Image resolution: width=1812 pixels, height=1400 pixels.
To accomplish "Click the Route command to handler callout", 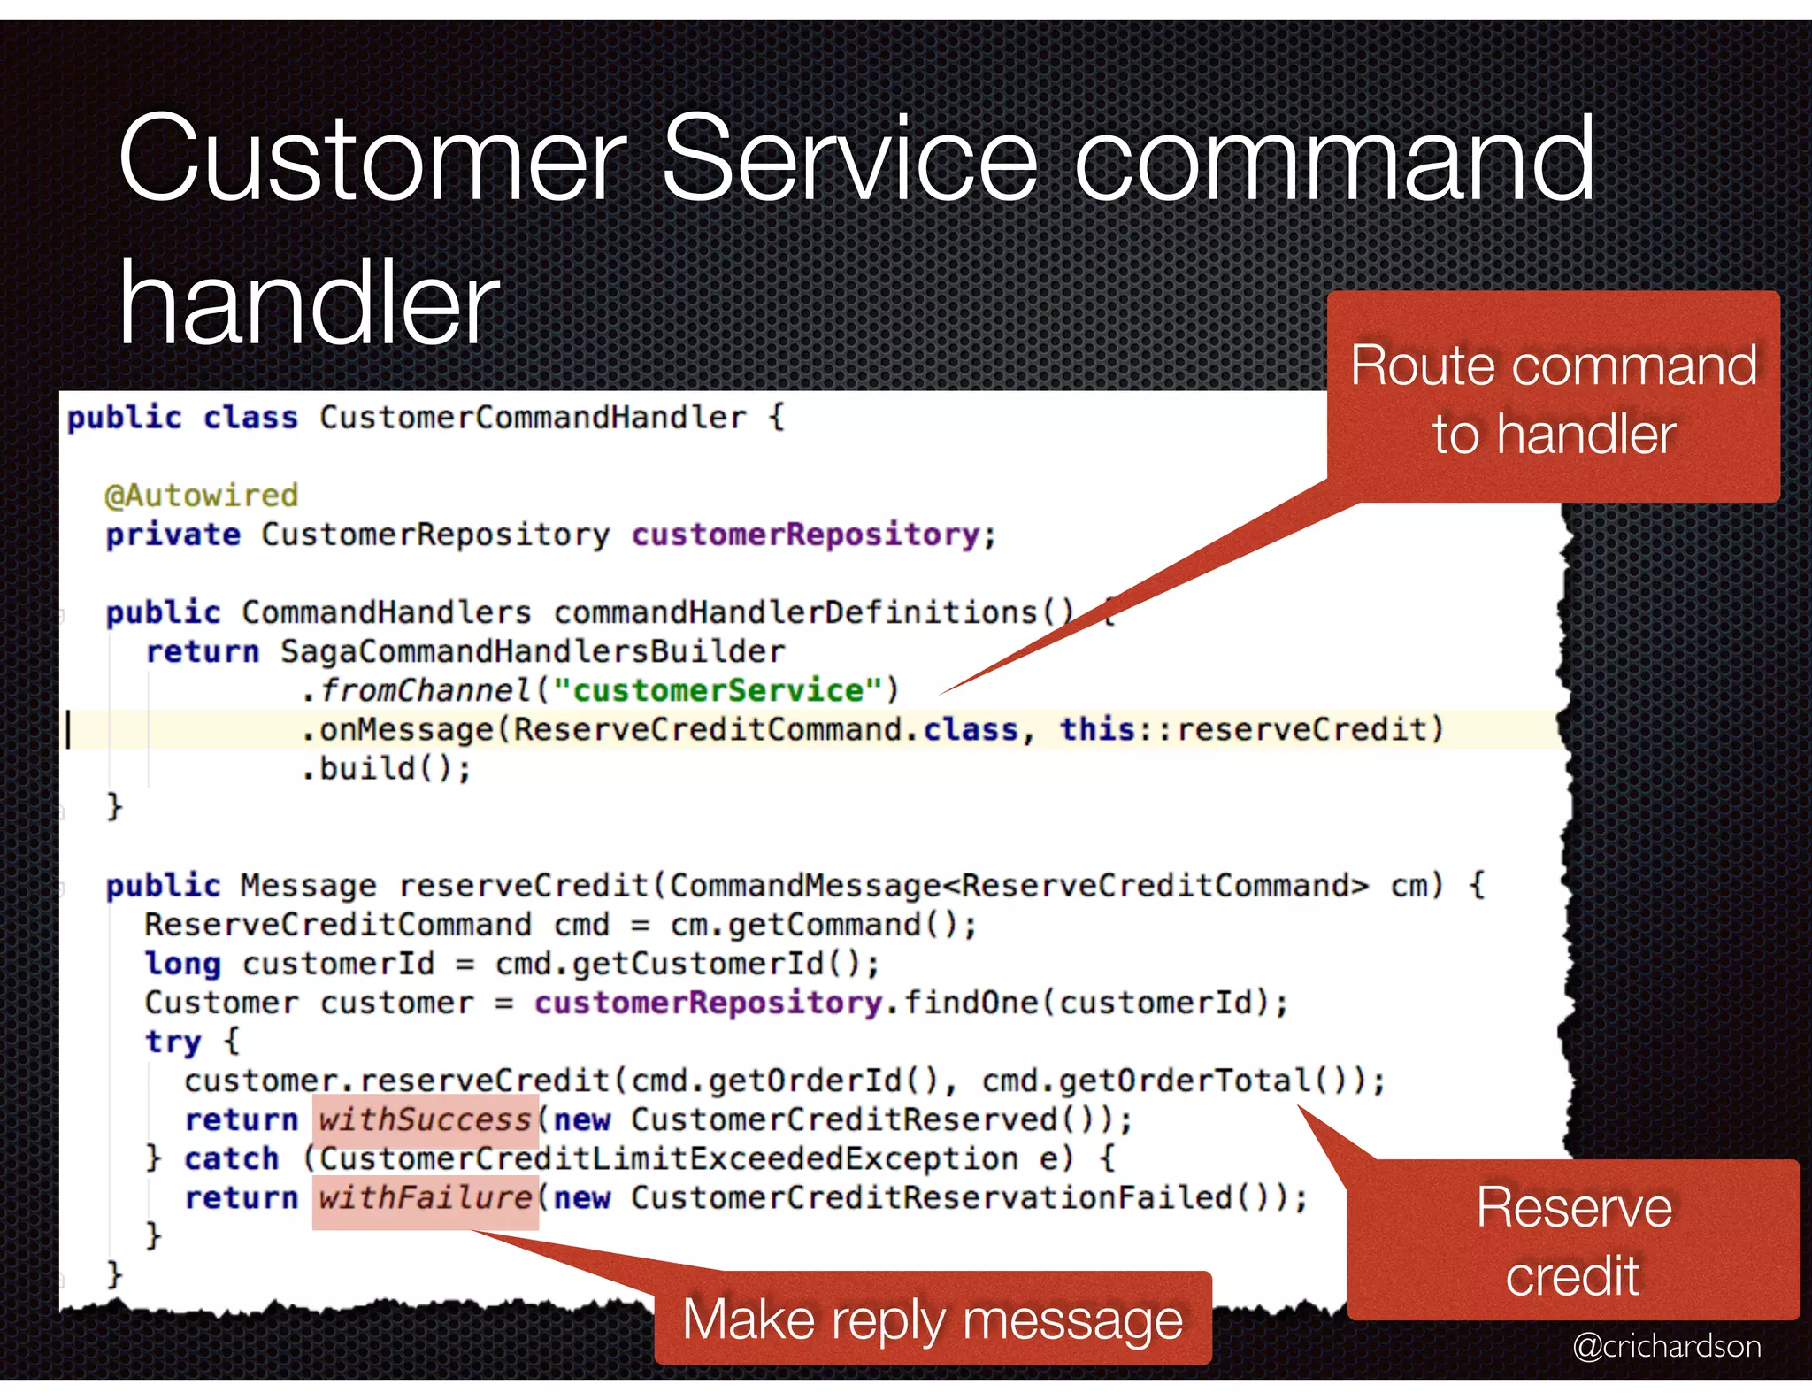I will click(x=1553, y=398).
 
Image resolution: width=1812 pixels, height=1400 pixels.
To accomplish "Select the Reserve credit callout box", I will click(x=1573, y=1241).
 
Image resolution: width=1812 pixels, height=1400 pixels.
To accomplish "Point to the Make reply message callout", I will click(x=933, y=1319).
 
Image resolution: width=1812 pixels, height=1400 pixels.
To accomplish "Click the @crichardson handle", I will click(x=1666, y=1346).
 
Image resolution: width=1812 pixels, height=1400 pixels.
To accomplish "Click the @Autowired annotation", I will click(x=201, y=496).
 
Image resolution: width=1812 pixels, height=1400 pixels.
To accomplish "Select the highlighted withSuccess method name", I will click(x=425, y=1120).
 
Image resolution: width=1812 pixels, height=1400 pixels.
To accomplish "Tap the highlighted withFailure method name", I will click(x=425, y=1198).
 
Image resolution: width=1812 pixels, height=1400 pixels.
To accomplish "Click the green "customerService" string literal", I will click(x=718, y=690).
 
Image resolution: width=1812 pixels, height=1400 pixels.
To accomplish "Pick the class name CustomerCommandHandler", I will click(x=533, y=418).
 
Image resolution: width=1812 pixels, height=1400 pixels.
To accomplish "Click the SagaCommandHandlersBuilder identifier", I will click(x=533, y=652).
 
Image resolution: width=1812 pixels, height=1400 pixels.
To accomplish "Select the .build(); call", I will click(x=387, y=769).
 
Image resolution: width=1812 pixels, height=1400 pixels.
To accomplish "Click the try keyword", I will click(x=173, y=1042).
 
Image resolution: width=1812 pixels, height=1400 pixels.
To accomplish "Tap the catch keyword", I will click(x=231, y=1159).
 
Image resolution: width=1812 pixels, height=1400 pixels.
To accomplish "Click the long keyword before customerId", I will click(x=182, y=964).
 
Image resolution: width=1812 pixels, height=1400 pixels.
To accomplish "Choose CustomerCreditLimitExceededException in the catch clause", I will click(x=668, y=1159).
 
